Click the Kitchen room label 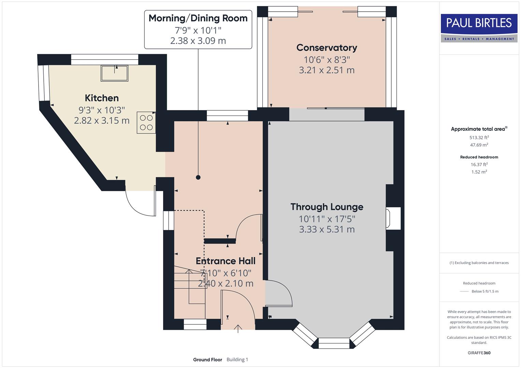[102, 98]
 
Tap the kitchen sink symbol [114, 73]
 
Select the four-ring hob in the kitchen [146, 123]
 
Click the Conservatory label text [327, 48]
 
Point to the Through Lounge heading [327, 207]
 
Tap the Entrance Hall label [226, 261]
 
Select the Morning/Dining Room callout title [198, 18]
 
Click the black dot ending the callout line [198, 177]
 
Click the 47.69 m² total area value [479, 145]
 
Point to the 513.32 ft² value [479, 138]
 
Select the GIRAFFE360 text [479, 353]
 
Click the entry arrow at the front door [238, 329]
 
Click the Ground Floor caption [207, 359]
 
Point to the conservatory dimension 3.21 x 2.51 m [327, 70]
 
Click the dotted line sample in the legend [464, 291]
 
